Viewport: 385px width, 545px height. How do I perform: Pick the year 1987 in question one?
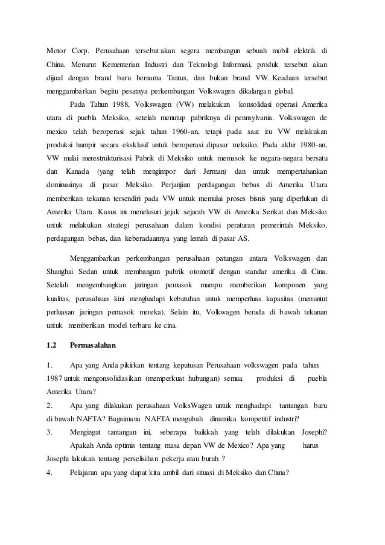point(55,378)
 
